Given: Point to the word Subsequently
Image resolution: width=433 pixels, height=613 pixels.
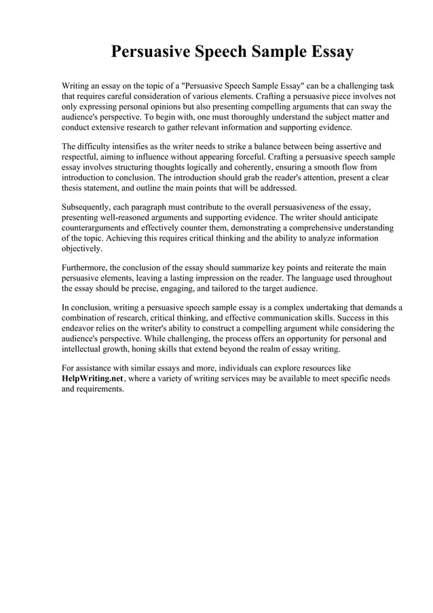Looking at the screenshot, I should (88, 207).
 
